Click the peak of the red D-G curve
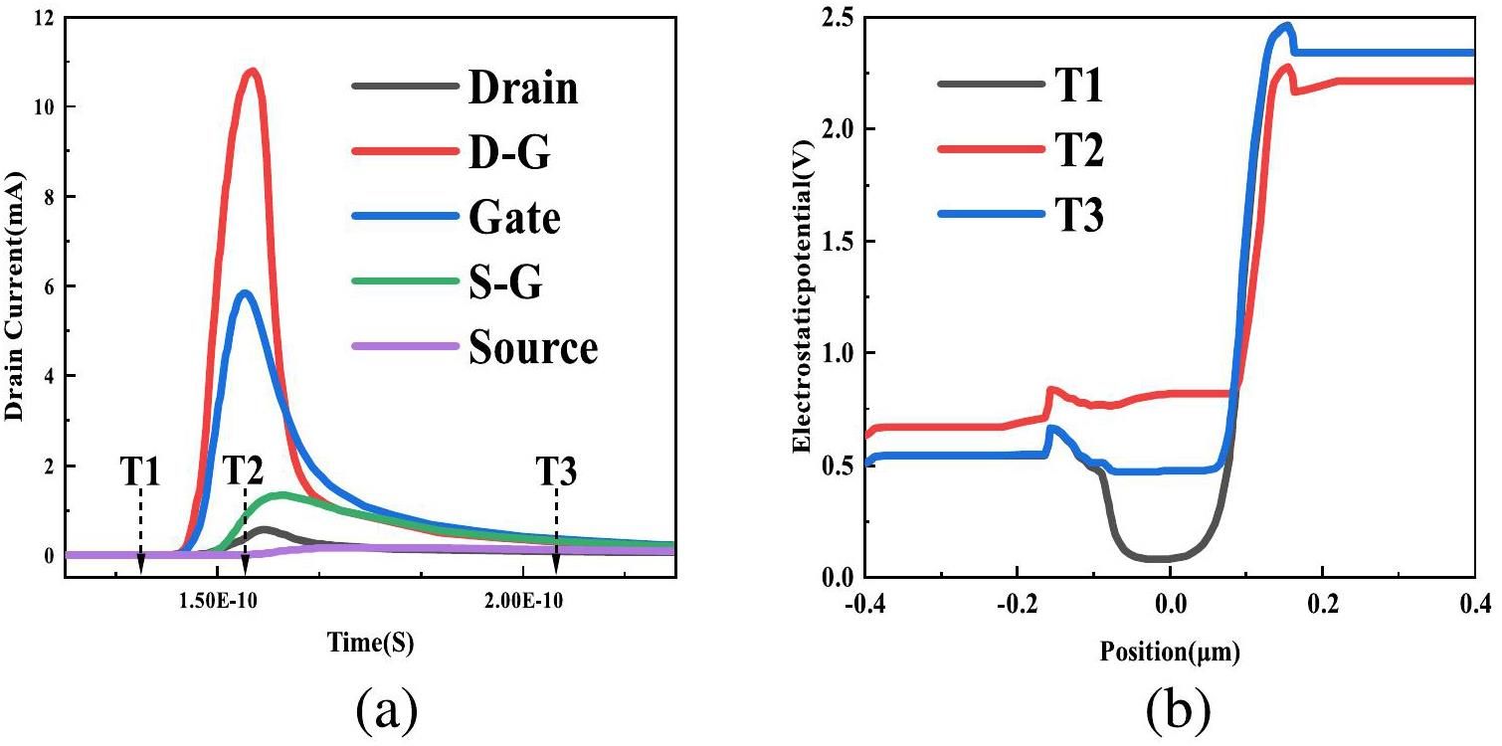point(253,71)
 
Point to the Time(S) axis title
point(370,643)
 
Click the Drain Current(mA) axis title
point(14,288)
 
